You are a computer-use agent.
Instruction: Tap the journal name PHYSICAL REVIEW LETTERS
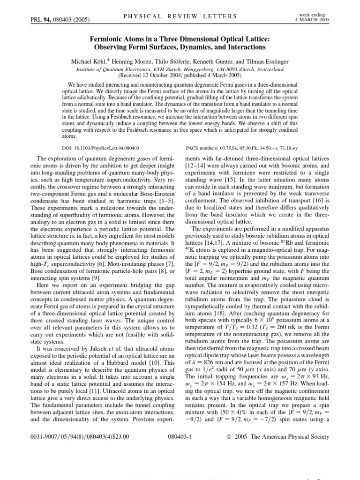(x=180, y=16)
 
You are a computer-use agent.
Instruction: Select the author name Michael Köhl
(x=91, y=61)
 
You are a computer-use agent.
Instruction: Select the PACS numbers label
(x=205, y=147)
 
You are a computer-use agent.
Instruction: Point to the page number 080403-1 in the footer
(x=180, y=436)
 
